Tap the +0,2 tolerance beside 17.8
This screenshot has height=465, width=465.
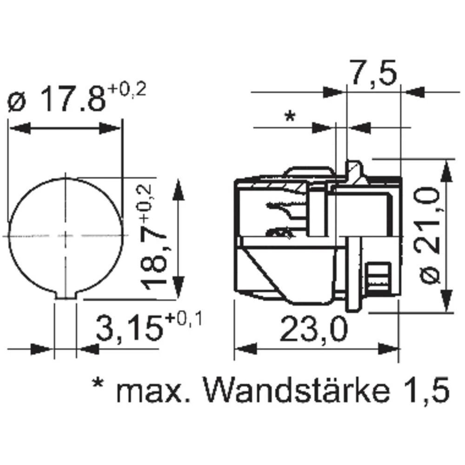[x=127, y=89]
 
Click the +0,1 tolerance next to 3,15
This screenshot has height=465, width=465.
[x=184, y=320]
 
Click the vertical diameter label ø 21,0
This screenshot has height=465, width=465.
[x=430, y=235]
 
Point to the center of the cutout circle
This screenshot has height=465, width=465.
[x=66, y=236]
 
